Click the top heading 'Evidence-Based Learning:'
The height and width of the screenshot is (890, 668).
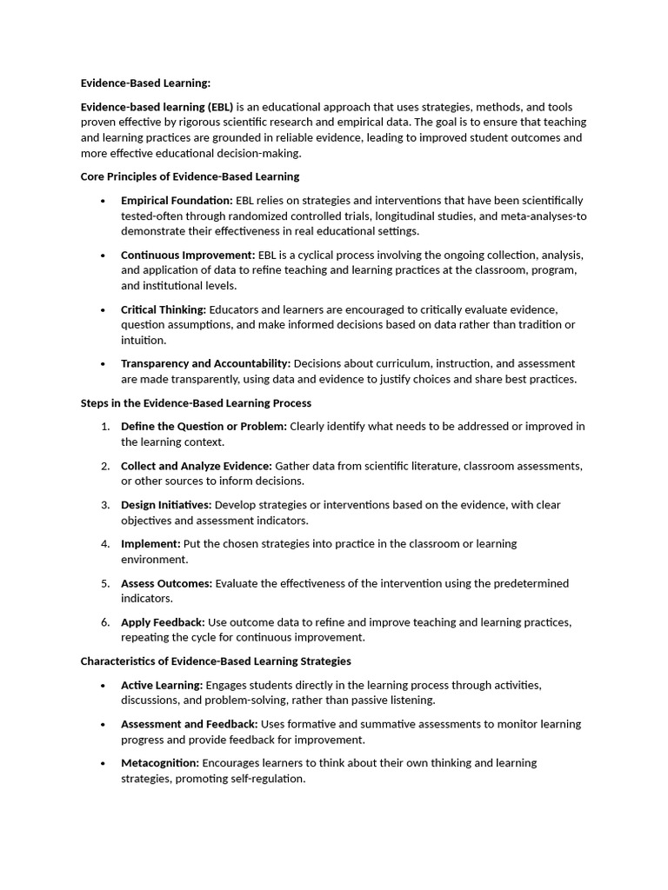coord(146,83)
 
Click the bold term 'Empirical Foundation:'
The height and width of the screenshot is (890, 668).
coord(177,200)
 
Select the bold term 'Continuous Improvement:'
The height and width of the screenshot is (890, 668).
coord(188,255)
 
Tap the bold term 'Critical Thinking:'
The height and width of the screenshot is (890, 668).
coord(164,309)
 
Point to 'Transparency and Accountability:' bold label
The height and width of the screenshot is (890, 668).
coord(205,363)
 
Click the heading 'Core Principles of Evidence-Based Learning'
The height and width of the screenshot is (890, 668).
coord(190,176)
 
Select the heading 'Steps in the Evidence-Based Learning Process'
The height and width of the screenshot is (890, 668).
coord(196,403)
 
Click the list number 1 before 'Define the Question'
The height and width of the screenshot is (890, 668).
coord(104,426)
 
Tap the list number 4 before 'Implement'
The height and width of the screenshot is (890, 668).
coord(104,543)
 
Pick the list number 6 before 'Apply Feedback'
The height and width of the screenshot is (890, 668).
coord(104,622)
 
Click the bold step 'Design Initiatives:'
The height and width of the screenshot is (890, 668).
coord(166,505)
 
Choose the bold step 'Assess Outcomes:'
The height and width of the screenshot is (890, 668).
coord(166,583)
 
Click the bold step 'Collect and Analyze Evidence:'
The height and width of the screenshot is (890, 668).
coord(197,466)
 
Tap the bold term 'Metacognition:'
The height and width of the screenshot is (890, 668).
coord(160,763)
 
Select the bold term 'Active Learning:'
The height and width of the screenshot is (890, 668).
coord(162,685)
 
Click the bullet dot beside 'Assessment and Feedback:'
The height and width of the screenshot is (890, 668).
coord(104,725)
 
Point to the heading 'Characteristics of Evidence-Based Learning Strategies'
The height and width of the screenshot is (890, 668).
coord(216,661)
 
